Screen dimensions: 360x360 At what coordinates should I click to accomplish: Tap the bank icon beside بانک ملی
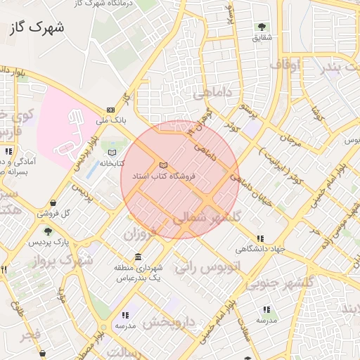click(110, 110)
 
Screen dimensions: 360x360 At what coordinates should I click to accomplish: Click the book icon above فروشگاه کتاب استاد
click(164, 165)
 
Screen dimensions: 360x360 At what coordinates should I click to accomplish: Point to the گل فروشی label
click(77, 213)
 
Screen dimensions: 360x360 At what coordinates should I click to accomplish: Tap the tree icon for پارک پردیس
click(48, 231)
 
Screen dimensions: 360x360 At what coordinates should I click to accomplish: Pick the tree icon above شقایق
click(262, 27)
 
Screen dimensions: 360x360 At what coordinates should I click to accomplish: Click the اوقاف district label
click(285, 65)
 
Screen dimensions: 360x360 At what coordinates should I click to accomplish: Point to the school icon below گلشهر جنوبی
click(266, 309)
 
